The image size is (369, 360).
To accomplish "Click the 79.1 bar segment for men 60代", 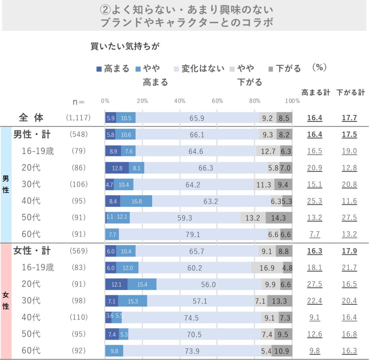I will (193, 234).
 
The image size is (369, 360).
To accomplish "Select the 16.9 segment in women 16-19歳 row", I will (267, 268).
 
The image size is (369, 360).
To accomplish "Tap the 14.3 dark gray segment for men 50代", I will (279, 218).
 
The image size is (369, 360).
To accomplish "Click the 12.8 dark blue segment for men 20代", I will (117, 168).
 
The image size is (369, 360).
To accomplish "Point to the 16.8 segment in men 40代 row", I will (136, 201).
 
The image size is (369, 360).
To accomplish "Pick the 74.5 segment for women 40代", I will (191, 317).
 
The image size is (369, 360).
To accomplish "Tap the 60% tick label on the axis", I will (217, 101).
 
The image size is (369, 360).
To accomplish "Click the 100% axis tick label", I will (292, 101).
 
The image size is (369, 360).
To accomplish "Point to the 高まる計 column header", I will (316, 92).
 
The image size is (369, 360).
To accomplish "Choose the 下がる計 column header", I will (351, 92).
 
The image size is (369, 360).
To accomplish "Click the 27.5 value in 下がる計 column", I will (350, 218).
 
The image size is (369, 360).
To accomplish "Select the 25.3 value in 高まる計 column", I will (315, 201).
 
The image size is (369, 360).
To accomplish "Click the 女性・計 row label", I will (32, 250).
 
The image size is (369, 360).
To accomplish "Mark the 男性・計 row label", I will (32, 134).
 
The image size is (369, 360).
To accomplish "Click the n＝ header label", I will (79, 102).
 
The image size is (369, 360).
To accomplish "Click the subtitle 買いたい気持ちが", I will (125, 46).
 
